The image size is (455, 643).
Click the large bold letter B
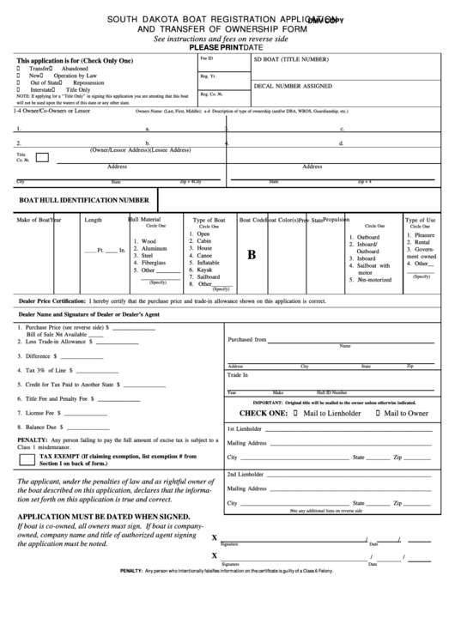click(252, 255)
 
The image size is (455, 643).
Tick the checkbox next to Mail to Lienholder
click(296, 413)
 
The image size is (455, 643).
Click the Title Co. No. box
click(41, 157)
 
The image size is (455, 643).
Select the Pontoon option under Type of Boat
click(203, 248)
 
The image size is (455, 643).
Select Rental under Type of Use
click(422, 242)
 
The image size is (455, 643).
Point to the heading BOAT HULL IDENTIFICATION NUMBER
click(84, 199)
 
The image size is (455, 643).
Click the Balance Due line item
click(39, 427)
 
